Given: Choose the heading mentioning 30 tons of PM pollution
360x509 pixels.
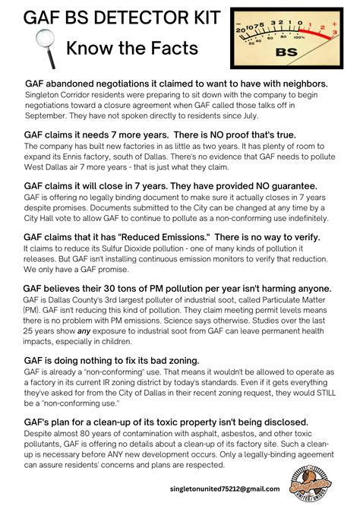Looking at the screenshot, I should click(178, 289).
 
